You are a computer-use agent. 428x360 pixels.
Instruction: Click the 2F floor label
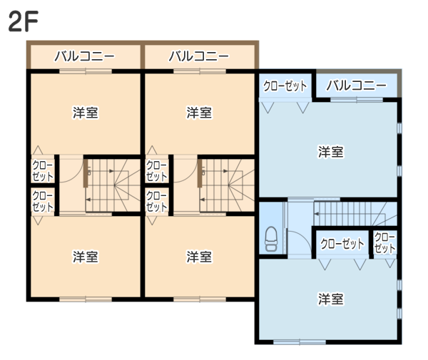click(24, 21)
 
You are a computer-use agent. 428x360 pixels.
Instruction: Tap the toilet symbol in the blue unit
click(271, 239)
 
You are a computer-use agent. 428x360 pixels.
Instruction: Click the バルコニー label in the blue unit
click(357, 86)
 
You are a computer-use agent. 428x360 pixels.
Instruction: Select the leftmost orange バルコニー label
click(85, 56)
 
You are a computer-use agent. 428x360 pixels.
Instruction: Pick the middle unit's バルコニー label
click(199, 56)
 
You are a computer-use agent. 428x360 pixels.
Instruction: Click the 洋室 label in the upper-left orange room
click(86, 113)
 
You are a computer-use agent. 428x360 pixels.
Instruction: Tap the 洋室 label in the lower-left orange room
click(86, 257)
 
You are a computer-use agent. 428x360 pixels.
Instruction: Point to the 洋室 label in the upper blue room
click(330, 152)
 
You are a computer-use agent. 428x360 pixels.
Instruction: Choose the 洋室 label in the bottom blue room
click(330, 299)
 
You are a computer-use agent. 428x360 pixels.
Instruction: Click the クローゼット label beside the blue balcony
click(285, 86)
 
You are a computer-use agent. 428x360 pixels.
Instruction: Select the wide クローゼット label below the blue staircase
click(342, 244)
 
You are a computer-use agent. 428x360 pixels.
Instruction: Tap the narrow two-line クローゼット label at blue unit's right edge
click(384, 242)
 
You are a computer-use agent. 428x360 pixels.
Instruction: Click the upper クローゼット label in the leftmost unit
click(43, 171)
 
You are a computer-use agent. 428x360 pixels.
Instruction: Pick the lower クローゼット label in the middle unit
click(157, 201)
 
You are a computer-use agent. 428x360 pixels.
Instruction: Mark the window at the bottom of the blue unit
click(300, 342)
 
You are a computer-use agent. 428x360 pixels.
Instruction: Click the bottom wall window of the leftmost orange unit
click(86, 299)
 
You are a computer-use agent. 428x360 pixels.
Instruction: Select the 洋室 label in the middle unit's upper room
click(199, 113)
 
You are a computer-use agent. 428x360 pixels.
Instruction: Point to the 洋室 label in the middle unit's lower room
click(199, 257)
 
